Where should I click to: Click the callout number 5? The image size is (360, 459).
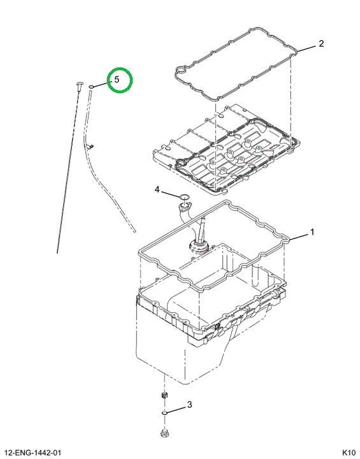[x=117, y=79]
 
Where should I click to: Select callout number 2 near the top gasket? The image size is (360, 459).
[x=321, y=43]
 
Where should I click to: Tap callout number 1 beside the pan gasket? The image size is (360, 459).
[x=312, y=232]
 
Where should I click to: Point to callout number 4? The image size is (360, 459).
[x=157, y=190]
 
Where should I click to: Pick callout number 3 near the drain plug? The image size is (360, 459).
[x=189, y=405]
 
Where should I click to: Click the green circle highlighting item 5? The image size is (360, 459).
[x=120, y=80]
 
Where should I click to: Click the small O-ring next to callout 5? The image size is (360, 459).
[x=91, y=87]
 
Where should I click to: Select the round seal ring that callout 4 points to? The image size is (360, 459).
[x=184, y=196]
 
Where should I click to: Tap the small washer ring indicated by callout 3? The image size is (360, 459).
[x=164, y=413]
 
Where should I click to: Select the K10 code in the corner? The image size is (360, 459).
[x=349, y=453]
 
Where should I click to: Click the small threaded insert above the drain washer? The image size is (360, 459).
[x=164, y=395]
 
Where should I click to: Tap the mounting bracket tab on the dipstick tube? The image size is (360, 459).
[x=90, y=145]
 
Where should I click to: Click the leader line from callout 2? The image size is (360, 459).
[x=306, y=48]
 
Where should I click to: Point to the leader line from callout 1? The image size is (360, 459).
[x=299, y=237]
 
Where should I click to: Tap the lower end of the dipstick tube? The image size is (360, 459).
[x=134, y=231]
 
